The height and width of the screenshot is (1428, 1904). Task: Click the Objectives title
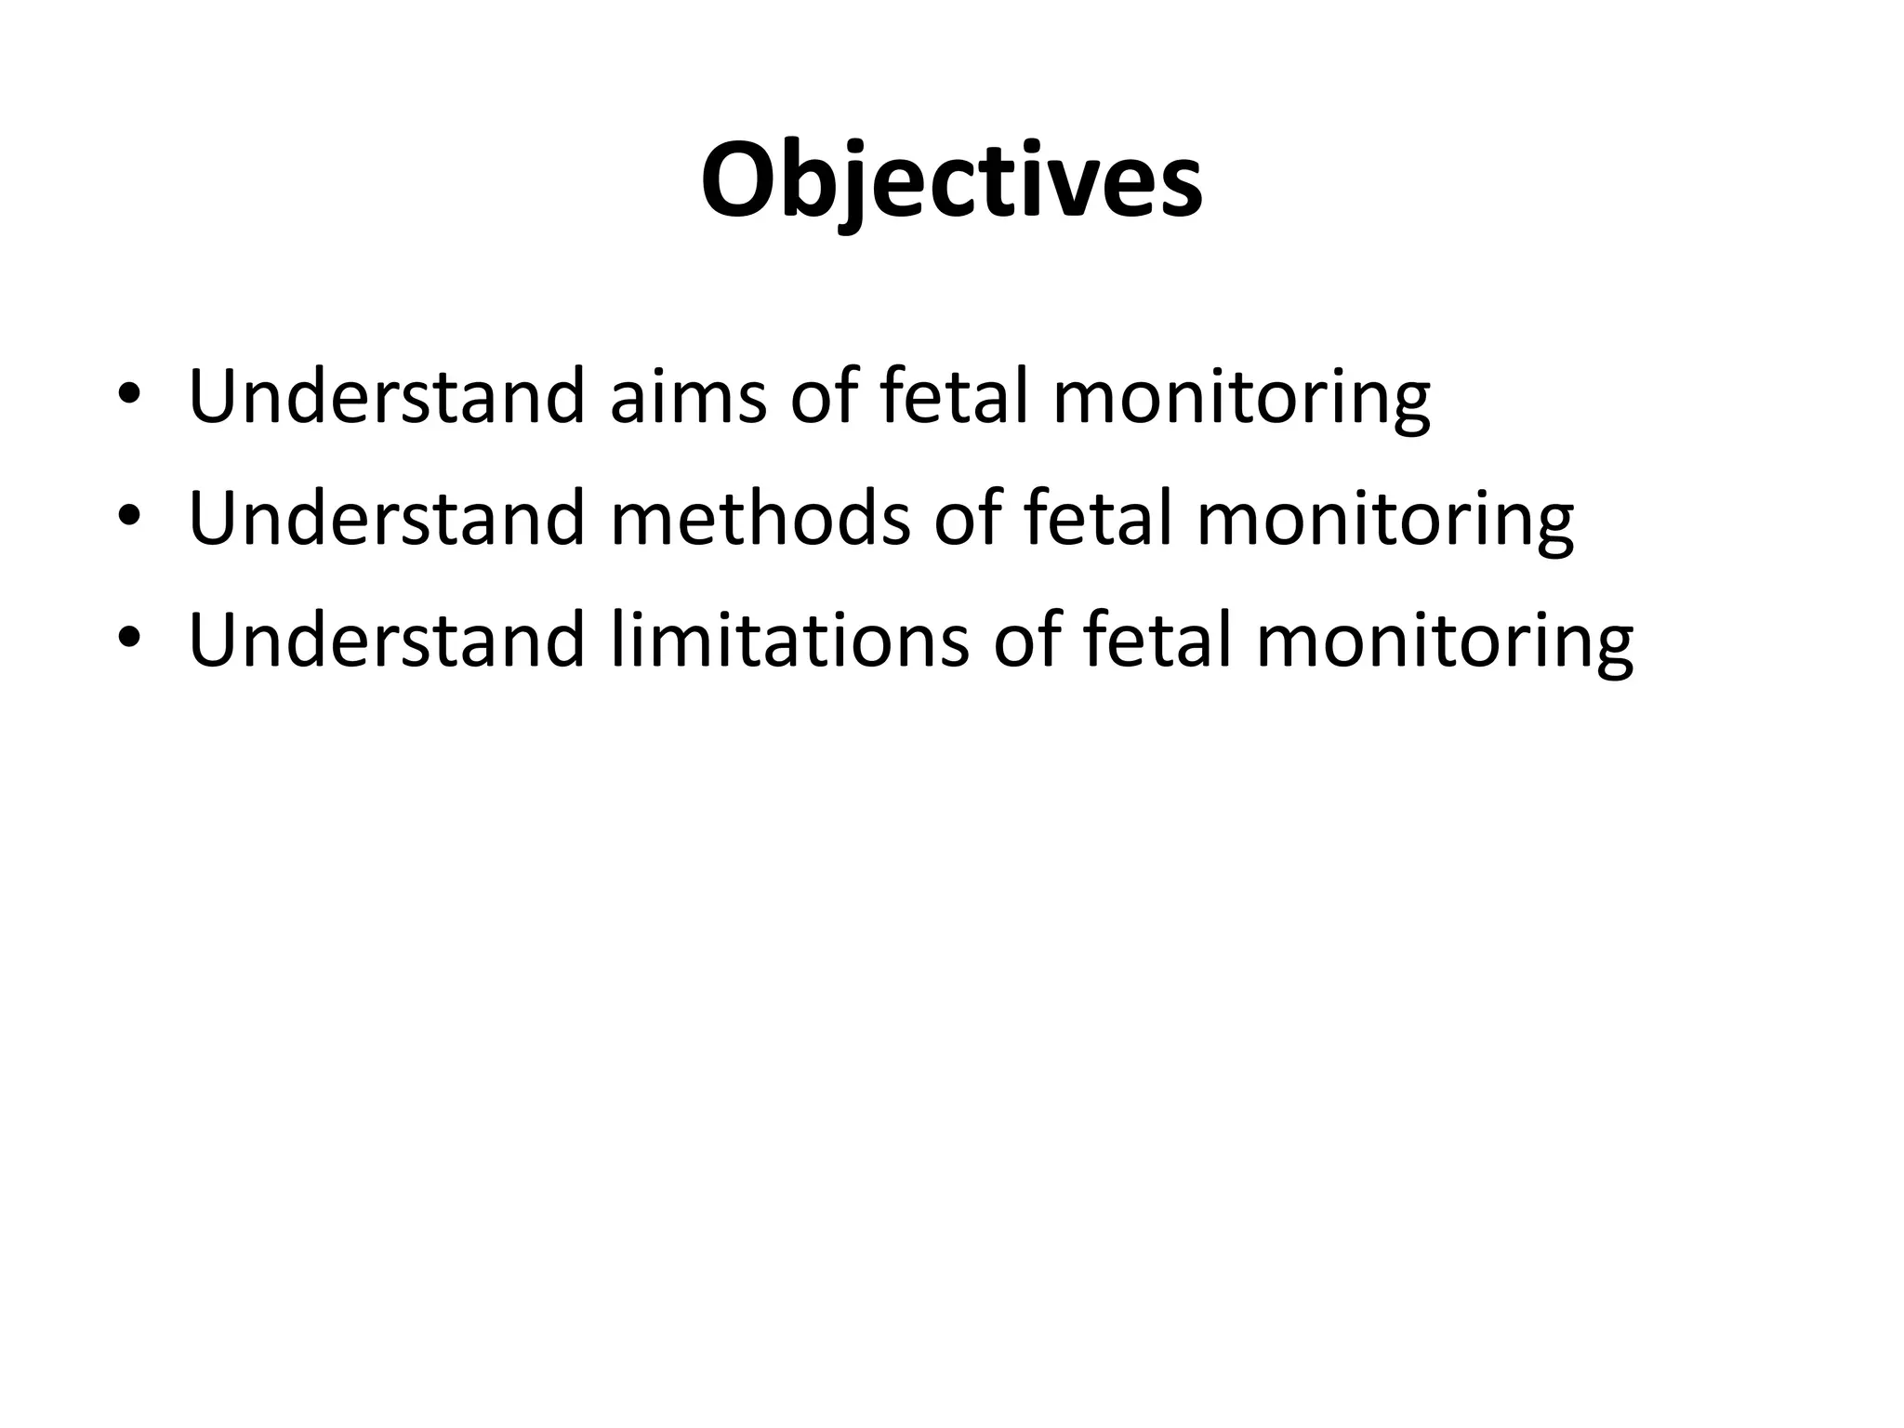click(951, 181)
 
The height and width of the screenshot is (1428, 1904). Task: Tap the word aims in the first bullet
click(689, 396)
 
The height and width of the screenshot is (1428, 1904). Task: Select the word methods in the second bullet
click(760, 518)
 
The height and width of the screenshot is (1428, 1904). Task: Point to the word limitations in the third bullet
click(790, 640)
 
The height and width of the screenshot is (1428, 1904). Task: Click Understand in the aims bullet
click(387, 396)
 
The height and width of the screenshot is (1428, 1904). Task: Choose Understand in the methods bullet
click(387, 518)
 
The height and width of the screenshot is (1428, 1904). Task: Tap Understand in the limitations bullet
click(387, 640)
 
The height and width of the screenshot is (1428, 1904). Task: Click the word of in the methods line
click(968, 518)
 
